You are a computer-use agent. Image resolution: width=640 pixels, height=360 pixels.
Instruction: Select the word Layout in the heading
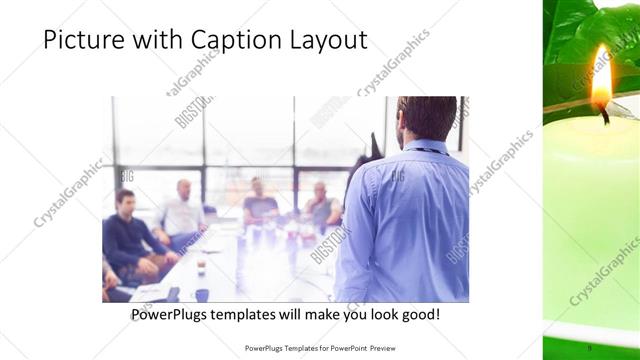tap(322, 41)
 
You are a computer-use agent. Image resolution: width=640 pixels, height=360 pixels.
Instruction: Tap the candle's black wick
tap(603, 116)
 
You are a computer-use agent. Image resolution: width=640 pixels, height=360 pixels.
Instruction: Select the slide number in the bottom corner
tap(590, 347)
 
